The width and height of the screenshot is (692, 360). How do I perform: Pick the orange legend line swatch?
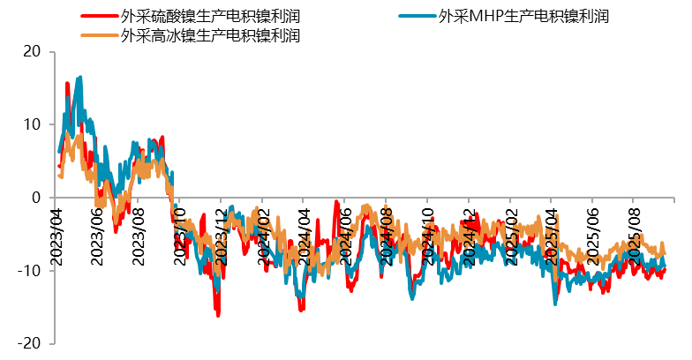coord(99,36)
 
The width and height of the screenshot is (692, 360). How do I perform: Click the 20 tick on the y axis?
coord(32,52)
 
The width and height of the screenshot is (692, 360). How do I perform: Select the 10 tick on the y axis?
coord(32,124)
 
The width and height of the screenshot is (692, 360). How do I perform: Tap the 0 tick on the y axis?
coord(36,198)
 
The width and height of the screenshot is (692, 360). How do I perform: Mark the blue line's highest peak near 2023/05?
coord(80,78)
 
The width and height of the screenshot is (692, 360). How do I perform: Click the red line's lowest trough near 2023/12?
coord(217,314)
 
